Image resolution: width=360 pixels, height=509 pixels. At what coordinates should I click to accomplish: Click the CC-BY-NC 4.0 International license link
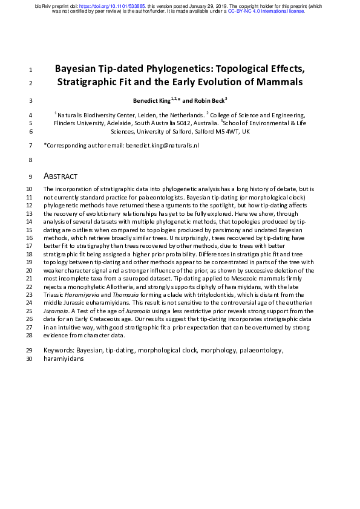266,11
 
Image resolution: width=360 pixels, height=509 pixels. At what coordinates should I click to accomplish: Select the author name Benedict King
152,100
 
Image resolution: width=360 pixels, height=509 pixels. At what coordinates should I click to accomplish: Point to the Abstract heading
61,177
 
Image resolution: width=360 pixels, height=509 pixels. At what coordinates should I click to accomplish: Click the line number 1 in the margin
30,70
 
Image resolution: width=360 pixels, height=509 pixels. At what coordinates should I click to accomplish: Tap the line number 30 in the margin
29,358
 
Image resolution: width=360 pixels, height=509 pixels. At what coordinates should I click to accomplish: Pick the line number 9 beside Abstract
30,177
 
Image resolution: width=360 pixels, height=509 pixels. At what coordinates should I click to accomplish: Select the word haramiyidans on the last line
64,358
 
